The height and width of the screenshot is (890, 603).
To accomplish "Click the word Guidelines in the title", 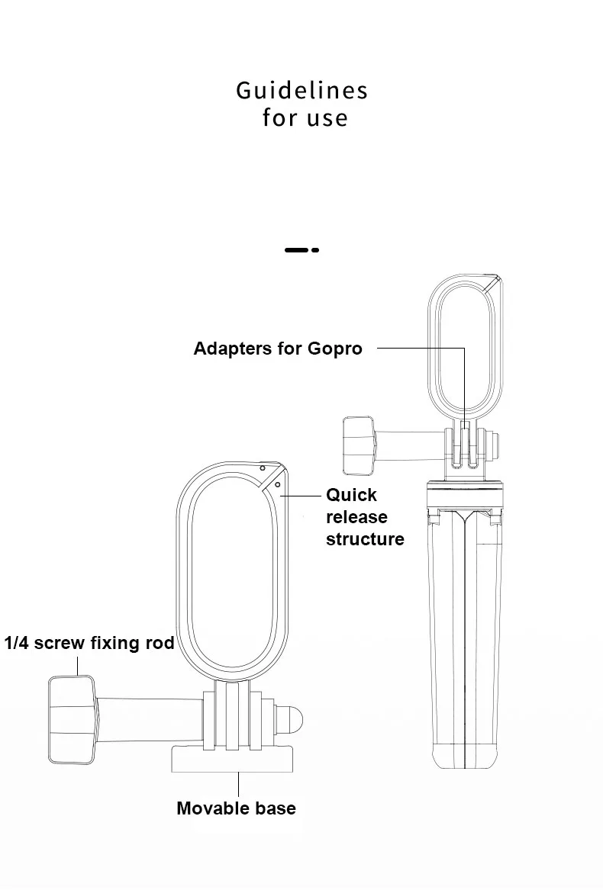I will pyautogui.click(x=301, y=91).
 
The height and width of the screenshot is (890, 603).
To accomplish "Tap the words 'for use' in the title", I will pyautogui.click(x=305, y=118).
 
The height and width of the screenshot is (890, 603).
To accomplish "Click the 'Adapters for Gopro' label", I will pyautogui.click(x=278, y=349).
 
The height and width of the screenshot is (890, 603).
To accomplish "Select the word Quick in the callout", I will pyautogui.click(x=351, y=495).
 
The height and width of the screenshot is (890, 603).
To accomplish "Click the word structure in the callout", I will pyautogui.click(x=365, y=539).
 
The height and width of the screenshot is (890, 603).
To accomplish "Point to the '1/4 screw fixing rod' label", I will pyautogui.click(x=89, y=643).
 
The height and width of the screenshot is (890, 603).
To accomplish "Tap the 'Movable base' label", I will pyautogui.click(x=236, y=808).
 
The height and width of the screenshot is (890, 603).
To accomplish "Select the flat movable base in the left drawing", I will pyautogui.click(x=232, y=760).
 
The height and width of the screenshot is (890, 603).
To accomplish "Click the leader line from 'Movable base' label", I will pyautogui.click(x=239, y=785).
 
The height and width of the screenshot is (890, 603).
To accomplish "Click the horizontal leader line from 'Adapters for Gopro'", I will pyautogui.click(x=420, y=349).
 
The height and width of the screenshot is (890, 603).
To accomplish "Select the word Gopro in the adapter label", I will pyautogui.click(x=335, y=349).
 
